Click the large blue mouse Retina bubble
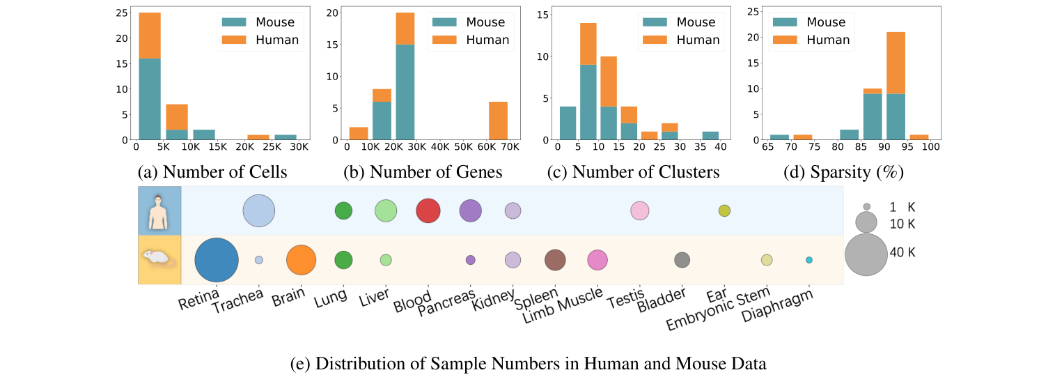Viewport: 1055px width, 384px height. pos(217,260)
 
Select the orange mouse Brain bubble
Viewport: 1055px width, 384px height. pos(301,260)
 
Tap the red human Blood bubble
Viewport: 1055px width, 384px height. pos(428,210)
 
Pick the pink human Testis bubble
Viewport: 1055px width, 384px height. pos(639,210)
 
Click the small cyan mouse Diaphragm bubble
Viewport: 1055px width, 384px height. pos(809,260)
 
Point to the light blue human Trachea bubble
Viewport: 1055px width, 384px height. pos(259,210)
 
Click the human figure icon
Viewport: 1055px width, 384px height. pos(159,210)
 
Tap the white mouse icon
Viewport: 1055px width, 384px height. pos(159,259)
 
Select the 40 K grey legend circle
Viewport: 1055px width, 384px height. pos(866,254)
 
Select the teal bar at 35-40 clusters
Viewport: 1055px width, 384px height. pos(710,135)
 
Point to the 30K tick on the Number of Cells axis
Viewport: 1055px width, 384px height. pos(300,148)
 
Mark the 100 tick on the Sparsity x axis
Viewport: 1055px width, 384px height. pos(931,148)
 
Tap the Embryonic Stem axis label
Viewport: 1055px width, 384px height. pos(717,311)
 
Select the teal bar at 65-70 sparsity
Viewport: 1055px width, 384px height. pos(779,137)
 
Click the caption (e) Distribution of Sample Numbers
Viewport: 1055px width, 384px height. pos(526,363)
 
